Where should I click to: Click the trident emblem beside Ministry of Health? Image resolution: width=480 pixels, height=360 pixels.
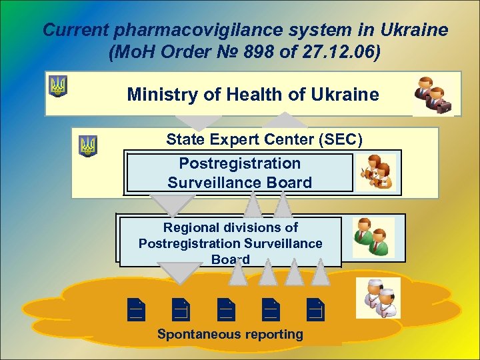(58, 85)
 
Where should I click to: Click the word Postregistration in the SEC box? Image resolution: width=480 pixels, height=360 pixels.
(240, 163)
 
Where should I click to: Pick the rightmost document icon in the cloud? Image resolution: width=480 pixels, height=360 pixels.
(315, 308)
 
